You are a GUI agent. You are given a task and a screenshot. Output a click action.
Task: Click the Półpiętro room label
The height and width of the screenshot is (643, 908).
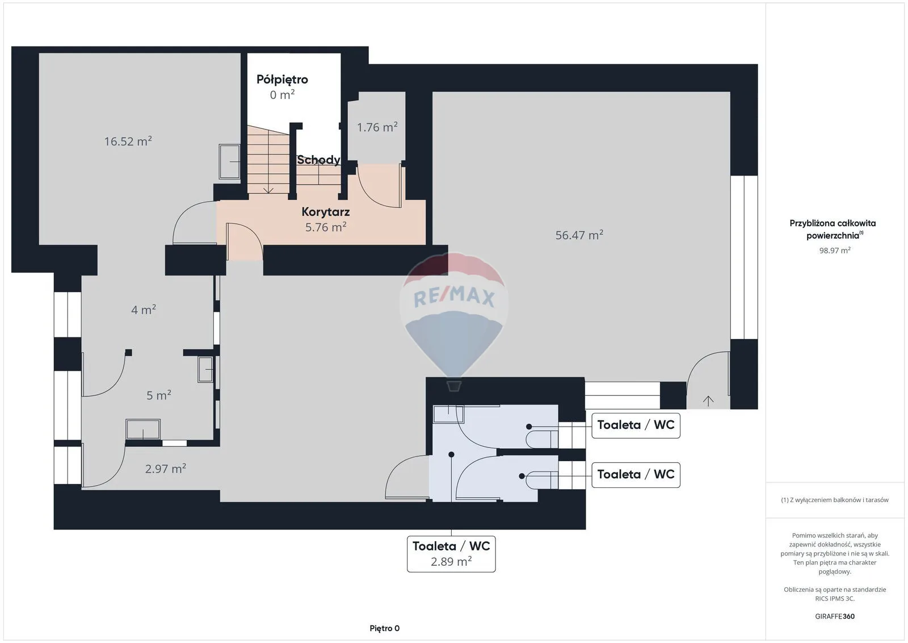pos(282,80)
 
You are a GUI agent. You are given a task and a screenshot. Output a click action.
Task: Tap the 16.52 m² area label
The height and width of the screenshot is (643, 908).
pos(128,141)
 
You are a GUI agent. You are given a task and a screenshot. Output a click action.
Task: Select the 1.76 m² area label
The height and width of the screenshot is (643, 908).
pos(377,127)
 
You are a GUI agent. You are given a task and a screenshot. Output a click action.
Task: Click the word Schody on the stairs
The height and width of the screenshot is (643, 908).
pos(318,160)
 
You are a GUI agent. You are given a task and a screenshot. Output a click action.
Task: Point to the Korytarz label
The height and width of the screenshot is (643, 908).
pos(326,212)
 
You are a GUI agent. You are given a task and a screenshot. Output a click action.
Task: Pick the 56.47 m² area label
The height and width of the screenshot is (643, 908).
pos(579,235)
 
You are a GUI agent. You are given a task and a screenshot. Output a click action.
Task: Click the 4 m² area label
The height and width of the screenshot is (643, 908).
pos(144,310)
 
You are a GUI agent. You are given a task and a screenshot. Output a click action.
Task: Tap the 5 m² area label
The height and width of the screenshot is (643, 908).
pos(158,395)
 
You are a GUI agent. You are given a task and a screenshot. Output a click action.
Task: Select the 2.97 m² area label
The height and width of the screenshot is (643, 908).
pos(165,469)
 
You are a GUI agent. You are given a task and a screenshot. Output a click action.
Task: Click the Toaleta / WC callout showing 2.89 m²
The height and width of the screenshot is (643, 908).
pos(451,554)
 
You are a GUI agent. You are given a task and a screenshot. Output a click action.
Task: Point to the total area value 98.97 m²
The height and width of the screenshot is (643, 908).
pos(835,250)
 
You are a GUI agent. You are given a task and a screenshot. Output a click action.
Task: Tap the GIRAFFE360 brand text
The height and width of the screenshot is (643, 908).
pos(835,616)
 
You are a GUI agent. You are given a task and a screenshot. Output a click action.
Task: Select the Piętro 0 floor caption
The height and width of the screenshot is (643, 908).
pos(384,628)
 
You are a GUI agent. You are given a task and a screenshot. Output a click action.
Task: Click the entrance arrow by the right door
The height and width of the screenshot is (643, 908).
pos(708,401)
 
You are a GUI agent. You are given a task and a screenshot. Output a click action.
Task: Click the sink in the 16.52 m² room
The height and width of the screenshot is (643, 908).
pos(230,161)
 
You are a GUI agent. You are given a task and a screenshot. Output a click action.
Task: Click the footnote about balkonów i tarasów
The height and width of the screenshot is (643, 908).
pos(835,500)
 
